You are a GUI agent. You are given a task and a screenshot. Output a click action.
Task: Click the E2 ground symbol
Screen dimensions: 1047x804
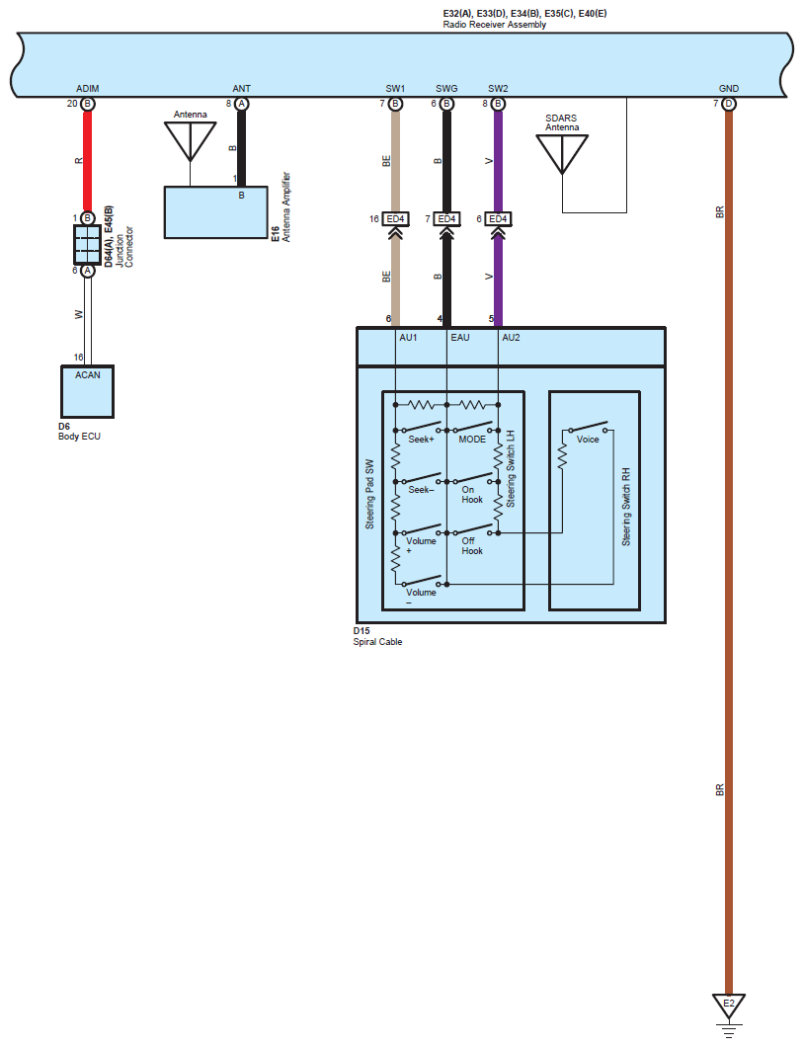coord(728,1006)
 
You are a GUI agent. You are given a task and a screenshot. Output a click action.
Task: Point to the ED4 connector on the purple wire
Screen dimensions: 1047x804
coord(498,218)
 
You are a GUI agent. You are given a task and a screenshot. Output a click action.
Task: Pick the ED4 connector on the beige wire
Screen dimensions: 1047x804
coord(395,218)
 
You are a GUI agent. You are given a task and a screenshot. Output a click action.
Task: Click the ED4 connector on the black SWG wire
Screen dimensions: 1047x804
coord(446,218)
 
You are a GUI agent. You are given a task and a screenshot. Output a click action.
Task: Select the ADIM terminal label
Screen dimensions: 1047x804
coord(87,89)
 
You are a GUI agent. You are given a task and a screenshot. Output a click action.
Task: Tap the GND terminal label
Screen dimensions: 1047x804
coord(729,89)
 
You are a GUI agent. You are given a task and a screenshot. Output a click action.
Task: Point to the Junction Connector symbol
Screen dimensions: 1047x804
coord(87,245)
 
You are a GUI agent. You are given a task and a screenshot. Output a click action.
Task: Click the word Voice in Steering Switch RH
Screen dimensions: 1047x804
coord(588,440)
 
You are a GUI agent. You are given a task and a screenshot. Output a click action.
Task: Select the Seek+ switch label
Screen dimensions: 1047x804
coord(422,440)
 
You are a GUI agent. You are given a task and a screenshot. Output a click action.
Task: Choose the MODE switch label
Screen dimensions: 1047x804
coord(472,440)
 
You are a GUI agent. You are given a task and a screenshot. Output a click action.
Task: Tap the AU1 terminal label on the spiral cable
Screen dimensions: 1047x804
coord(408,338)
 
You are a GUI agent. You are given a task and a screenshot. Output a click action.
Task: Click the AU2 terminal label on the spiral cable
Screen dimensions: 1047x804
coord(512,338)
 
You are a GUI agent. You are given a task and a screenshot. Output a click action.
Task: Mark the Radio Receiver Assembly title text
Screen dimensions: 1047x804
coord(494,25)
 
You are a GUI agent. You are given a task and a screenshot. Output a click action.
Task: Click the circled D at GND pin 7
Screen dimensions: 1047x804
coord(729,104)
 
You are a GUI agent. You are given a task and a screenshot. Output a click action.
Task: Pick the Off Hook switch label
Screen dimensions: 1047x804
coord(472,545)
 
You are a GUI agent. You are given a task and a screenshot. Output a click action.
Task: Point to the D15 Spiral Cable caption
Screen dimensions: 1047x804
coord(377,636)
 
